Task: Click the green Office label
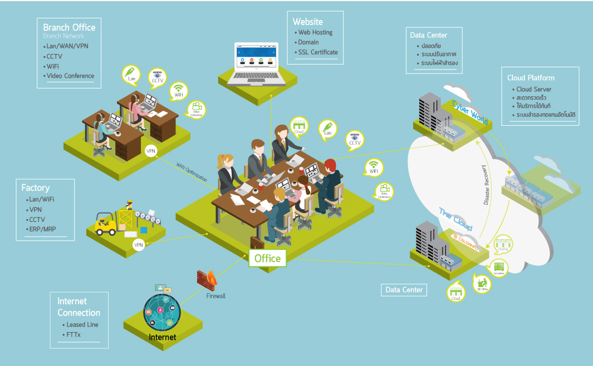(268, 258)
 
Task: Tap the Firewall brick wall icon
(210, 278)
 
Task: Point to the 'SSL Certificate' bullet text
(318, 52)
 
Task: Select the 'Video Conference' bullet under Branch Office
(71, 76)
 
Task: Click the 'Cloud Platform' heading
(531, 78)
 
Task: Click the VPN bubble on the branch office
(150, 151)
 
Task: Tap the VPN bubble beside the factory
(139, 245)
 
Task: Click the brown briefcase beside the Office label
(257, 242)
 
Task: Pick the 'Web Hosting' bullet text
(315, 32)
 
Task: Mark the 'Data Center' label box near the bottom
(405, 290)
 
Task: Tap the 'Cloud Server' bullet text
(533, 89)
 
